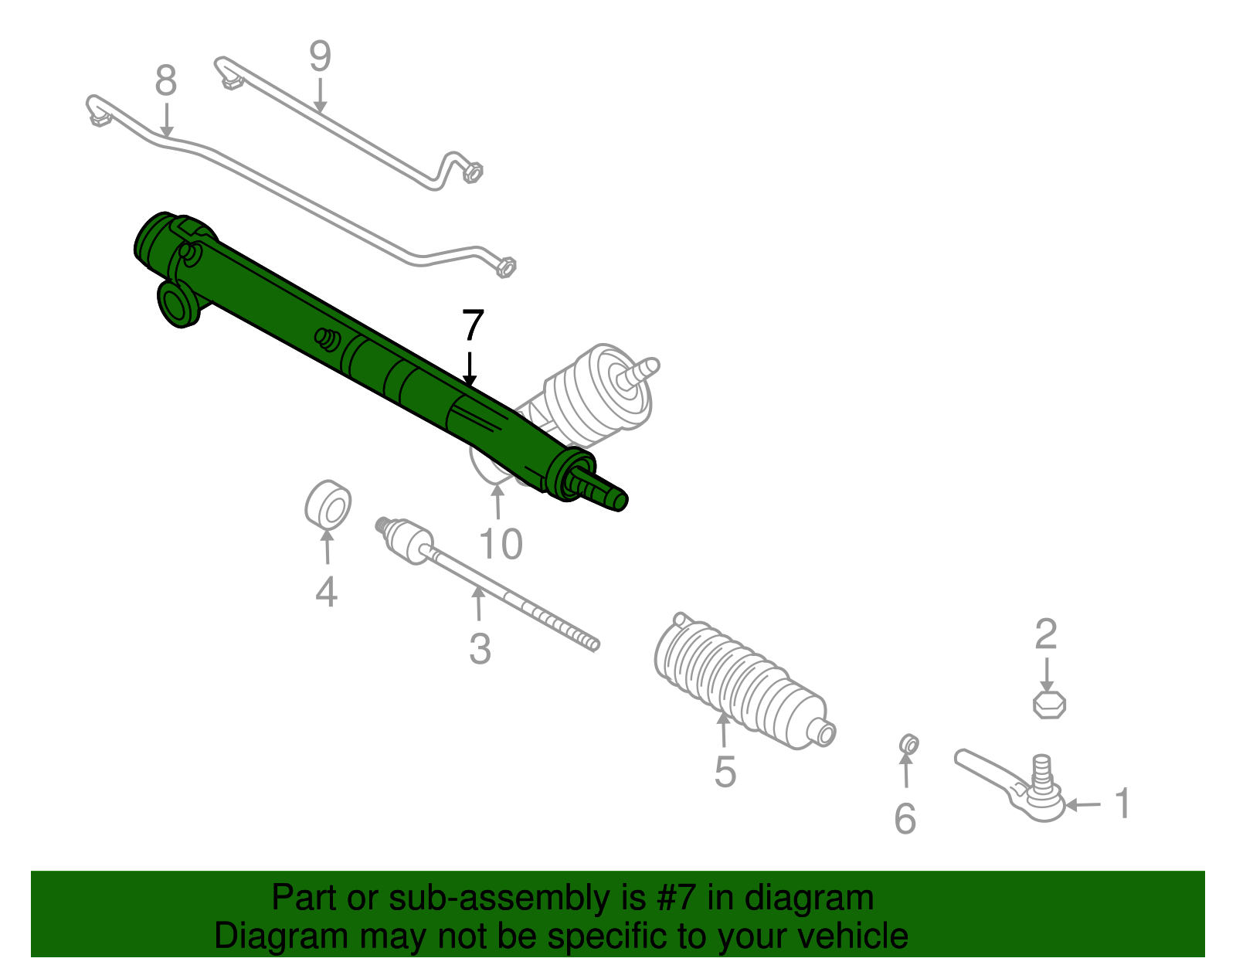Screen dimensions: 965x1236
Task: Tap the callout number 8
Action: [x=166, y=81]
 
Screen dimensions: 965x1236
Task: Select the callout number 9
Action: [x=320, y=56]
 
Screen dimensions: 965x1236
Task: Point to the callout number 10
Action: [x=501, y=545]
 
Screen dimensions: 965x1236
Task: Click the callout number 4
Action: [x=326, y=593]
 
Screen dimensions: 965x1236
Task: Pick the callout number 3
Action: [x=480, y=649]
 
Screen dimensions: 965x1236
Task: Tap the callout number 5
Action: [x=725, y=771]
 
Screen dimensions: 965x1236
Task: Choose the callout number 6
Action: [x=905, y=819]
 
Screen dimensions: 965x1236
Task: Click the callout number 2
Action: [x=1045, y=634]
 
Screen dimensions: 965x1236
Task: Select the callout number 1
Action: [x=1123, y=804]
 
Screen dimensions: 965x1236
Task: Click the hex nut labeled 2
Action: [x=1049, y=704]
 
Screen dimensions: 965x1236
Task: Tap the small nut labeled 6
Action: [x=909, y=745]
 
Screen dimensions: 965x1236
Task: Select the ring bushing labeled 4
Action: [x=328, y=504]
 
